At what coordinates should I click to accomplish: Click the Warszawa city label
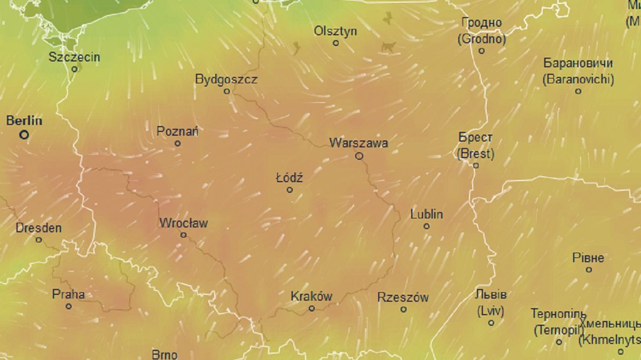(359, 143)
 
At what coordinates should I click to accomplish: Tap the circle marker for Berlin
(24, 135)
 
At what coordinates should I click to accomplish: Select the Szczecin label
(74, 57)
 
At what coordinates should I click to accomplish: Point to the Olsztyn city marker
(336, 43)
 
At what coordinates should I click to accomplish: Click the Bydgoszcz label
(226, 80)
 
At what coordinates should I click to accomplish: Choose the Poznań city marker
(178, 143)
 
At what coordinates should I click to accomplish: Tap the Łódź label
(290, 178)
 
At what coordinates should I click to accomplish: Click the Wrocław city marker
(184, 235)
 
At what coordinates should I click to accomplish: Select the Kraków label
(311, 296)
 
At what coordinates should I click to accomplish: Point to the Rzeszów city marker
(403, 309)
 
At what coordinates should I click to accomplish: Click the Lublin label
(427, 214)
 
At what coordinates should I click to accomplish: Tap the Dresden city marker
(38, 240)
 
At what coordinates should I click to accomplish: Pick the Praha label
(68, 294)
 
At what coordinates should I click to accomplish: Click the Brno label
(165, 354)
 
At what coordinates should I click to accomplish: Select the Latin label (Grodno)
(482, 39)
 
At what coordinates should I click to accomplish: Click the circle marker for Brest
(476, 166)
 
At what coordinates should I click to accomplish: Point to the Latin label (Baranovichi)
(579, 80)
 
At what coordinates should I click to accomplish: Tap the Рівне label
(589, 258)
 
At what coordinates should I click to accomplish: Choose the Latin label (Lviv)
(491, 310)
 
